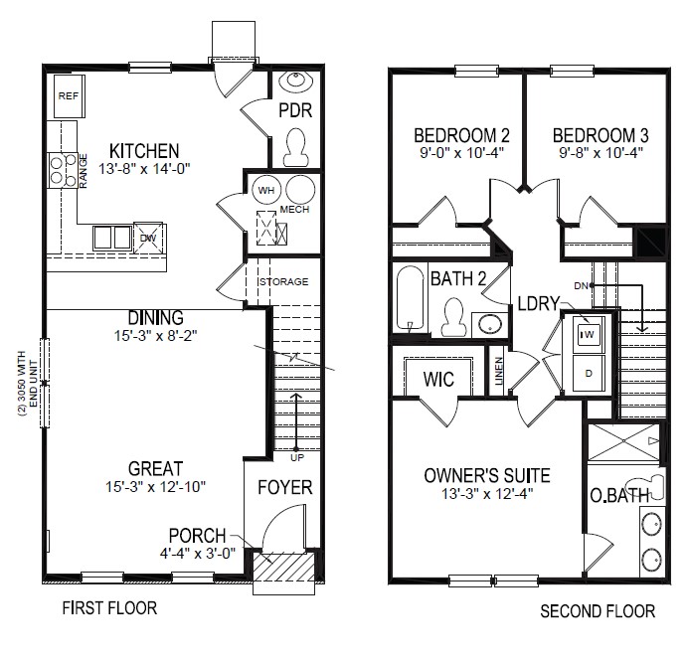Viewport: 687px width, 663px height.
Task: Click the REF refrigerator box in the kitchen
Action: pos(68,96)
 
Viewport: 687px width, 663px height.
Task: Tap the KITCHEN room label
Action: pos(145,150)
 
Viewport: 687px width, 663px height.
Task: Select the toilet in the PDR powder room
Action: pos(295,148)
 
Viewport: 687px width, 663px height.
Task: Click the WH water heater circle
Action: pos(266,189)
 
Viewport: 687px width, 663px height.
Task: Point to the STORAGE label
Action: pos(283,282)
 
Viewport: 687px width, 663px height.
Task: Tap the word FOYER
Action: pos(285,487)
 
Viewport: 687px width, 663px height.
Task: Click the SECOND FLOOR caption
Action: pos(598,610)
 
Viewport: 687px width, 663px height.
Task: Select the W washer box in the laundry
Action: pos(589,336)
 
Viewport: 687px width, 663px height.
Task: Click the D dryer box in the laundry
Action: pos(589,374)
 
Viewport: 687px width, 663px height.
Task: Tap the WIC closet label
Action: pos(438,380)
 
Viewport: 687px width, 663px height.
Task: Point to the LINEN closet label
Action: pos(499,370)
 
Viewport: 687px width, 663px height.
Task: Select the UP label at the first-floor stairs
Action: pos(296,457)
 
